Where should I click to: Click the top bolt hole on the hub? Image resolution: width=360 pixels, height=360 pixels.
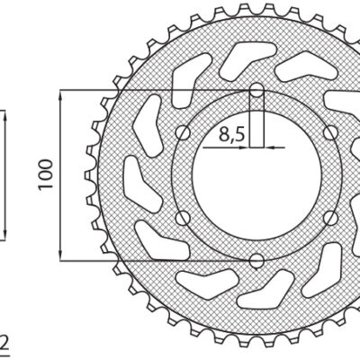256,91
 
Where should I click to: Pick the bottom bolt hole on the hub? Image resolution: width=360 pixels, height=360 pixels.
256,261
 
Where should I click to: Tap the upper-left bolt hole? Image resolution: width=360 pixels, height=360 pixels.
184,133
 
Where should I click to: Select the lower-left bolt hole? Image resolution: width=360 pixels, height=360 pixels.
184,218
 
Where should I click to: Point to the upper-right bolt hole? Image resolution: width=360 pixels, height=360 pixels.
329,133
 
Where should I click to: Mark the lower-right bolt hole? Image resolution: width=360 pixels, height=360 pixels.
329,218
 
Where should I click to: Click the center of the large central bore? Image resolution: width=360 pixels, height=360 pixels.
256,175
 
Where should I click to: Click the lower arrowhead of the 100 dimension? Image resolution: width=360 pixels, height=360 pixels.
60,255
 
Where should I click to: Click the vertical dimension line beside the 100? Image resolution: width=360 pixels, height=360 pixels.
60,207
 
